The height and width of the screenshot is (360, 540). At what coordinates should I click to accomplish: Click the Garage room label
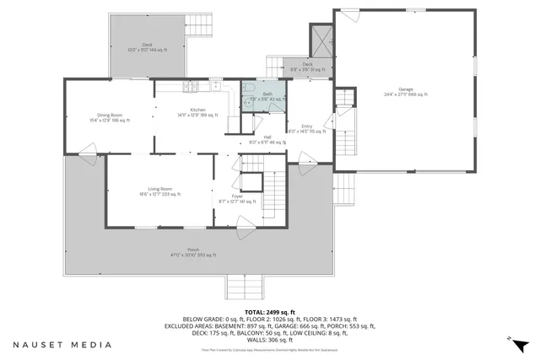pos(406,92)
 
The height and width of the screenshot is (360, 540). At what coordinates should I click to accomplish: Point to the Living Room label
pos(160,191)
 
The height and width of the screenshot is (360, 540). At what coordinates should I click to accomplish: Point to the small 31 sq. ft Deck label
pos(308,67)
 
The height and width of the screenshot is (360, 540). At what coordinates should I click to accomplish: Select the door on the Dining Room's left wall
pos(85,153)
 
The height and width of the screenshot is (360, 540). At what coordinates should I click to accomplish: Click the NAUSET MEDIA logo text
pos(62,344)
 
